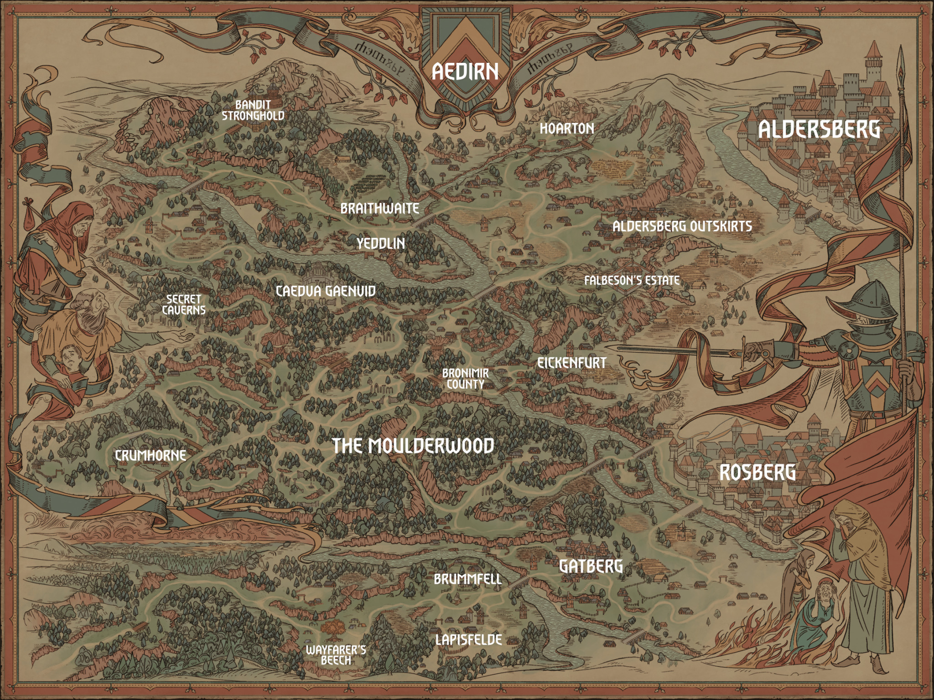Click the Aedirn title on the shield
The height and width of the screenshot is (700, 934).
pyautogui.click(x=465, y=72)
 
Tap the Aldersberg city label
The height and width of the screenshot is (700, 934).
pyautogui.click(x=819, y=130)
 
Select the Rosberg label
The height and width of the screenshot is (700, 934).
pyautogui.click(x=758, y=473)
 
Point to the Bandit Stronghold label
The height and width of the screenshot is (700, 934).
pyautogui.click(x=253, y=111)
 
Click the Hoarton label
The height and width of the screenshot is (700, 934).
pyautogui.click(x=567, y=129)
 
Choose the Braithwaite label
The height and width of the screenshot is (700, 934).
pyautogui.click(x=379, y=209)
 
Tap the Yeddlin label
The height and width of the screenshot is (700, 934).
pyautogui.click(x=381, y=243)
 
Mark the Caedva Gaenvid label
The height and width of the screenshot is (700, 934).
pyautogui.click(x=326, y=291)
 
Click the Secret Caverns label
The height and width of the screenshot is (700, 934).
pyautogui.click(x=184, y=304)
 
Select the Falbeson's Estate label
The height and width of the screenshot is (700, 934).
pyautogui.click(x=632, y=280)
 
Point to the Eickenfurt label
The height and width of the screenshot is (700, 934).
pyautogui.click(x=572, y=363)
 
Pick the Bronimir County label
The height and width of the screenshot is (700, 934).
pyautogui.click(x=465, y=379)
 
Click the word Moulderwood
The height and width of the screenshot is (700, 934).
pyautogui.click(x=431, y=446)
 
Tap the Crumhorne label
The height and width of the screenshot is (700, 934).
pyautogui.click(x=150, y=455)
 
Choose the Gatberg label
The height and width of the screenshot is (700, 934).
pyautogui.click(x=591, y=566)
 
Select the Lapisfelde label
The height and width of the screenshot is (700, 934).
pyautogui.click(x=468, y=640)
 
